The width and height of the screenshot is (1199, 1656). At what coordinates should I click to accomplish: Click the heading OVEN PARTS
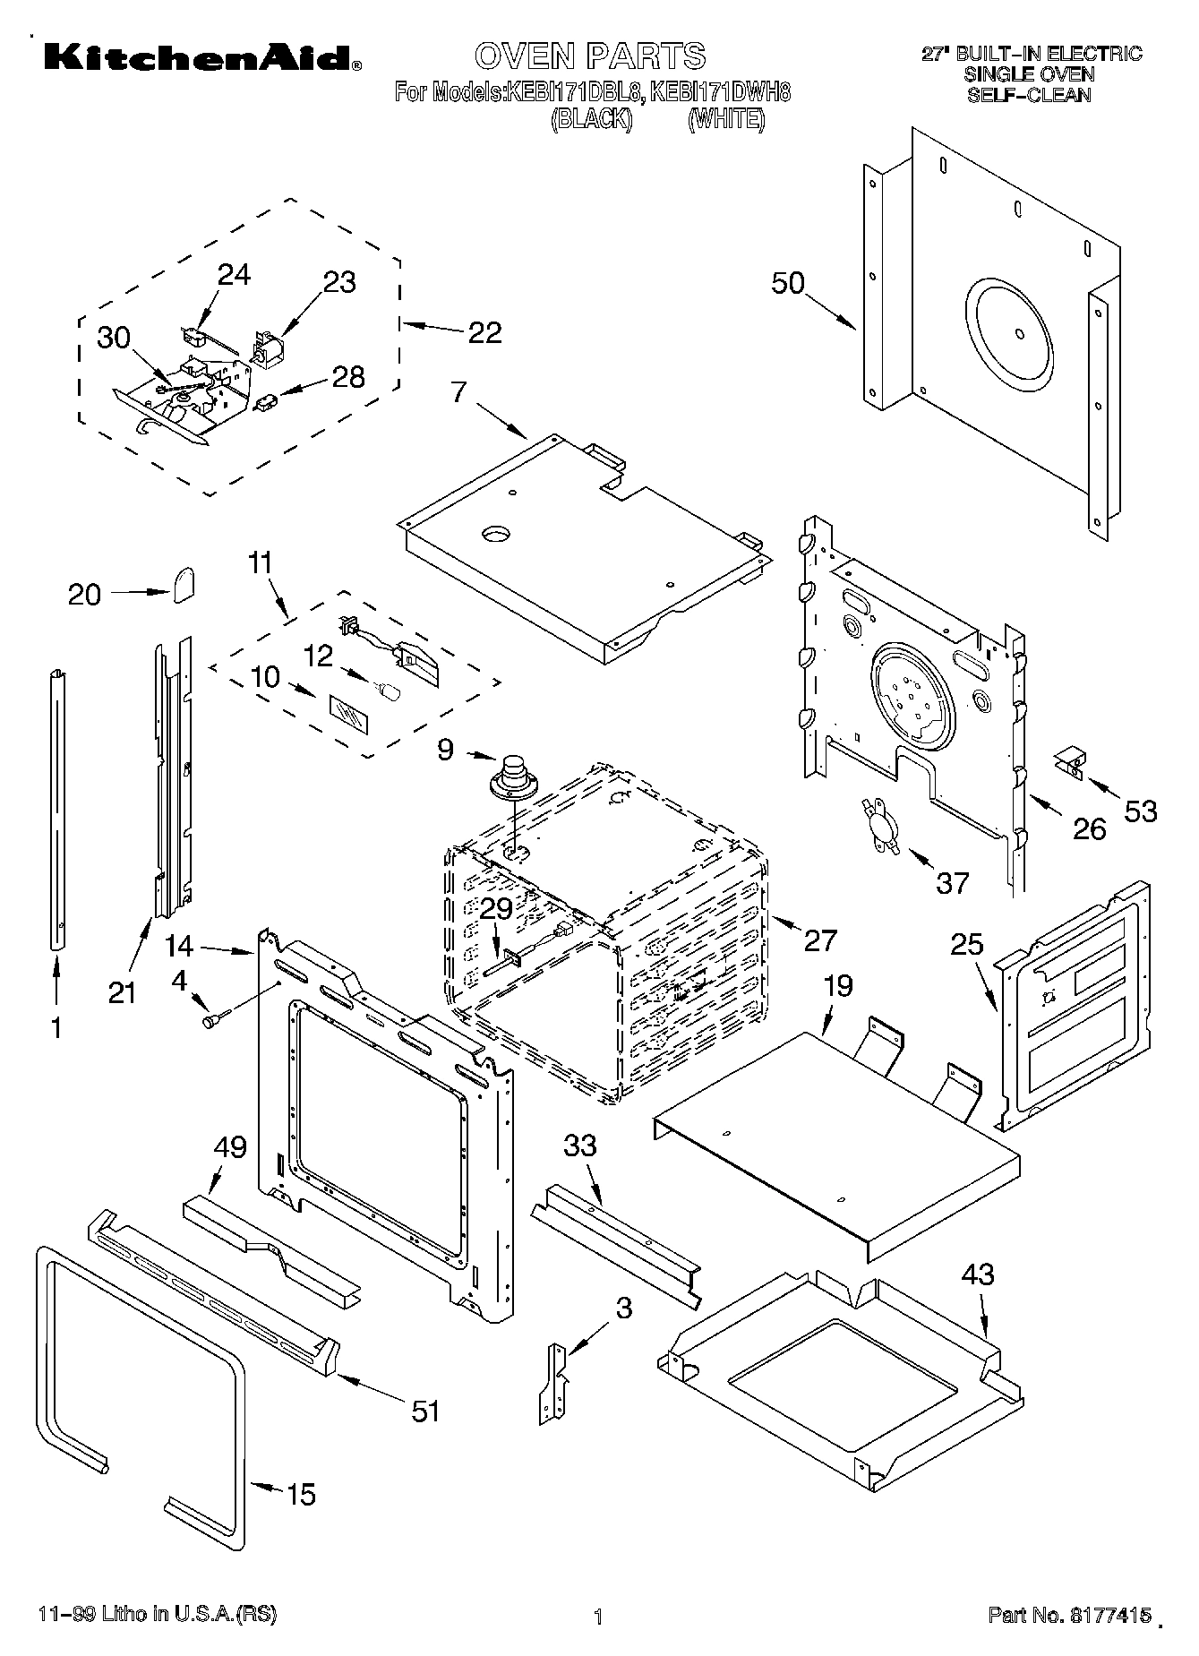[x=590, y=56]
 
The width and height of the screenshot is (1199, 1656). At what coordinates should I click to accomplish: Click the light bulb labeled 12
[x=389, y=691]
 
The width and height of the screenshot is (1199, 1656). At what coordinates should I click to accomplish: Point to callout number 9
[x=446, y=750]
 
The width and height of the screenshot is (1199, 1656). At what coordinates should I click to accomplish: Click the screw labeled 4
[x=215, y=1019]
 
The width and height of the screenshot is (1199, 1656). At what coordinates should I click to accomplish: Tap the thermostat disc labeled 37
[x=875, y=820]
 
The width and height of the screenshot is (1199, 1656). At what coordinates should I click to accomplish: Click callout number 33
[x=579, y=1145]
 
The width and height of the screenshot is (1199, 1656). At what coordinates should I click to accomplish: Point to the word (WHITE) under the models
[x=726, y=118]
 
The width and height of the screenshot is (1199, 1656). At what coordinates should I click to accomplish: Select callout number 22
[x=484, y=332]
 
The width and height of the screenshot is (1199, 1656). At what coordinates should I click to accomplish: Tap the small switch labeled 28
[x=266, y=405]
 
